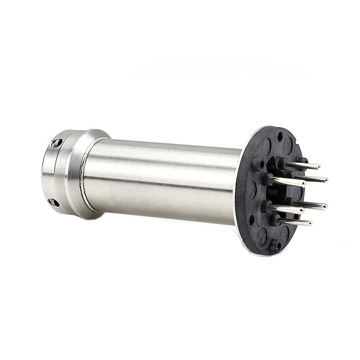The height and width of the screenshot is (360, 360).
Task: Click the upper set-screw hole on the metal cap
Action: (56, 143)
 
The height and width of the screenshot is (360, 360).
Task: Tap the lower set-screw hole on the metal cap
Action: (54, 202)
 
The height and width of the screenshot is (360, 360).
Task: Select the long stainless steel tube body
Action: (162, 180)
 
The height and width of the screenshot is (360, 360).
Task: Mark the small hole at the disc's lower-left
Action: (252, 220)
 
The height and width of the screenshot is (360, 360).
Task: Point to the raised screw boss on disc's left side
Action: (258, 165)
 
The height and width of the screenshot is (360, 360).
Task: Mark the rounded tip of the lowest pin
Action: (310, 223)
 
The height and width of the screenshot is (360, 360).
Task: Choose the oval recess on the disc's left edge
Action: (252, 189)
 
